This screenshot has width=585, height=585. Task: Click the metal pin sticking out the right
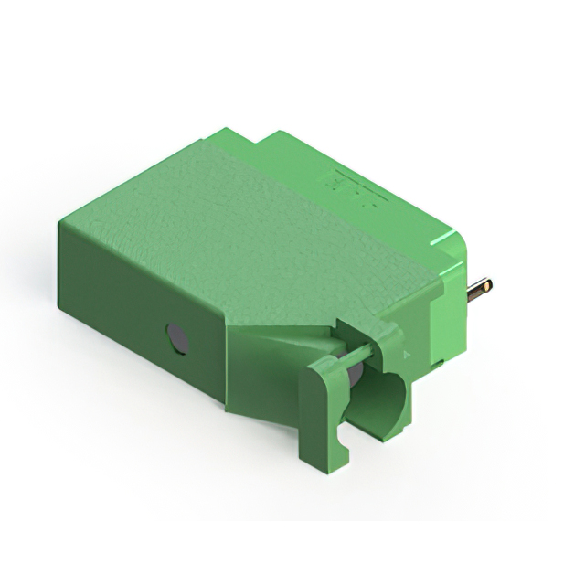[x=478, y=292]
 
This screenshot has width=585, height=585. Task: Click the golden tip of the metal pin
[x=488, y=285]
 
